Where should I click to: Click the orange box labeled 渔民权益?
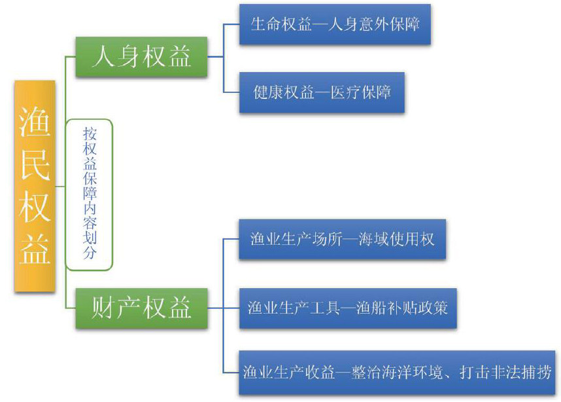35,186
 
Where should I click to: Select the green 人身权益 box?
142,56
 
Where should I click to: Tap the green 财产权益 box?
142,307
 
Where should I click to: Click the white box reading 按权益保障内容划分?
90,194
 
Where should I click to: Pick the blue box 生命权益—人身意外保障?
335,24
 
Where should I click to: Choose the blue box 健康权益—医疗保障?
322,92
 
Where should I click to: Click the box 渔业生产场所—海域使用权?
342,239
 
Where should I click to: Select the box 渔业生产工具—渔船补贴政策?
347,307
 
